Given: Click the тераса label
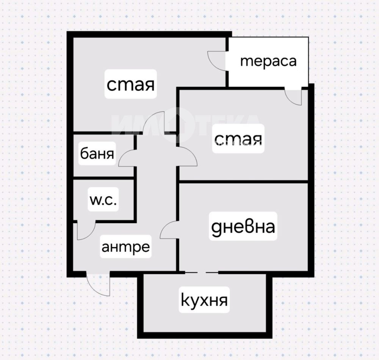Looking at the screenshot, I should [x=268, y=61].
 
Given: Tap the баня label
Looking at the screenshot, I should [x=97, y=154].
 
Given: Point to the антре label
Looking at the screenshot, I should [x=125, y=247].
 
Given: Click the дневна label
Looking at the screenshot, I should [x=243, y=227].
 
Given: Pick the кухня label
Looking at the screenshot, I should [x=205, y=301].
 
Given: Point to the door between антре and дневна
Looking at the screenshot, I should [x=169, y=230].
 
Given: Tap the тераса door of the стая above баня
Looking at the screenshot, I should [x=217, y=60].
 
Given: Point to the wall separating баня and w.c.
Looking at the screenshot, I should [x=103, y=178].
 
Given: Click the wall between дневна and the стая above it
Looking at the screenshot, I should [x=243, y=182].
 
